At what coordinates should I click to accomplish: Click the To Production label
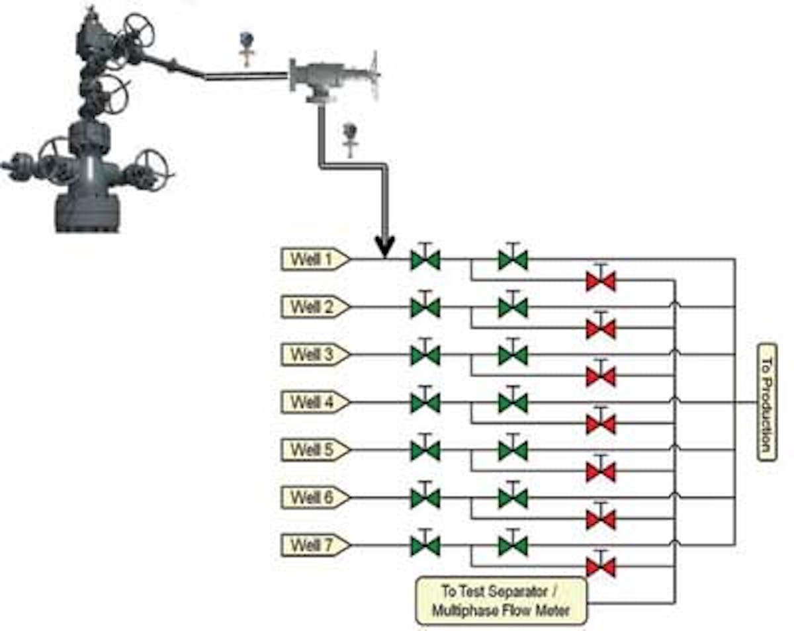pos(766,401)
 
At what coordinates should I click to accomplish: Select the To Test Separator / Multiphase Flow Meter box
pos(502,601)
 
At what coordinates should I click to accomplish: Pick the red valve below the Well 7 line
pos(601,568)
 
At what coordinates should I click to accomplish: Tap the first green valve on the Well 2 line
pos(425,308)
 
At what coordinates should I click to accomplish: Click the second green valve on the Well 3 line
pos(513,356)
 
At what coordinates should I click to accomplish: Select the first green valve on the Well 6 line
pos(425,498)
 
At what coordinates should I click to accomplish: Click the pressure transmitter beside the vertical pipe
pos(350,138)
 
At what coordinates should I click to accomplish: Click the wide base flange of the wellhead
pos(87,212)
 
